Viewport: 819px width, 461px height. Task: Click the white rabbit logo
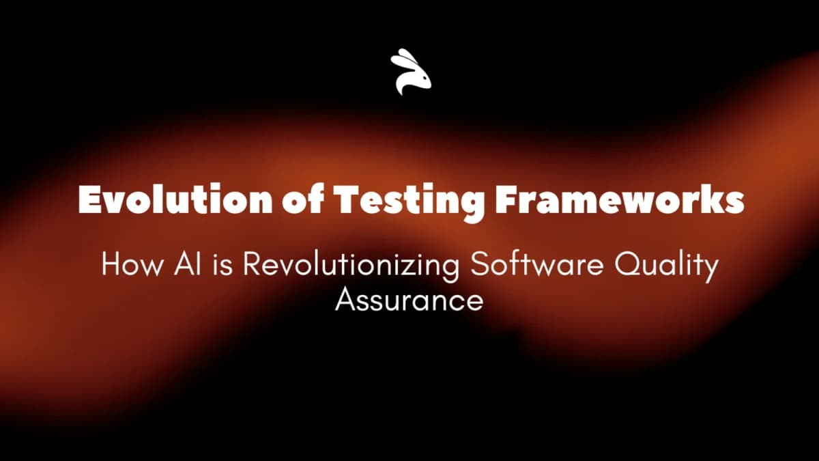[411, 72]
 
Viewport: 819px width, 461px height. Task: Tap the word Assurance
[409, 300]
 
